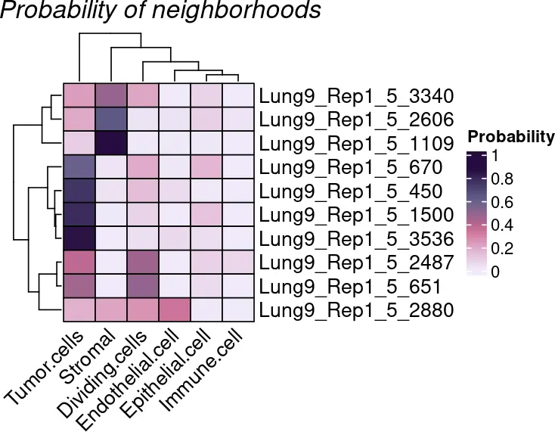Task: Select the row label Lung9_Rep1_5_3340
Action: click(x=355, y=97)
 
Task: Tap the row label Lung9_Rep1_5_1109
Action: click(x=355, y=143)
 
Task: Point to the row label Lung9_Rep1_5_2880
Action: click(x=355, y=310)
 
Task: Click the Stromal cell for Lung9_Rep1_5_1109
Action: click(x=111, y=143)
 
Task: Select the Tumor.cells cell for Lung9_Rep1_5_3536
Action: click(x=79, y=238)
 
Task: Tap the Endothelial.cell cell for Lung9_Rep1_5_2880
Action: click(x=175, y=310)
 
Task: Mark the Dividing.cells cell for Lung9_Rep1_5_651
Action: click(x=143, y=286)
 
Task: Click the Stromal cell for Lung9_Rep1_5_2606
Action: click(x=111, y=120)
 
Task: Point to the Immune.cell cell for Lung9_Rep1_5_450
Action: click(x=238, y=191)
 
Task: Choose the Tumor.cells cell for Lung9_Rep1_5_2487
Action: click(x=79, y=263)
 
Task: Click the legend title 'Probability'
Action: click(x=510, y=137)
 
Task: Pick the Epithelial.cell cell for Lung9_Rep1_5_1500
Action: click(x=206, y=215)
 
